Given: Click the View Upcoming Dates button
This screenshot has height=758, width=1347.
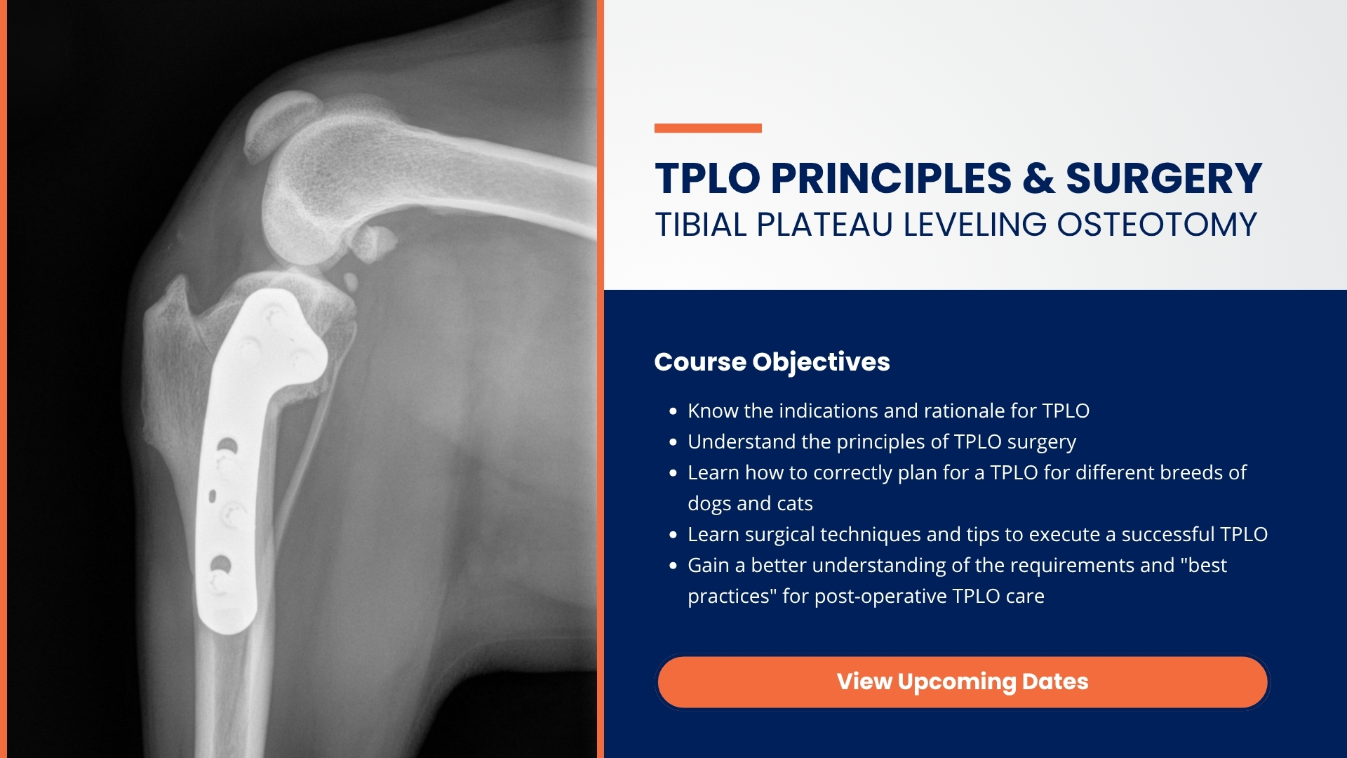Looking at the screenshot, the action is (963, 681).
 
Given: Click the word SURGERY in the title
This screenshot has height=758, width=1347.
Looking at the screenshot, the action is (1164, 178).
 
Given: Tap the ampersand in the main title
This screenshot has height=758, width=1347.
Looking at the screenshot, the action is (1038, 178).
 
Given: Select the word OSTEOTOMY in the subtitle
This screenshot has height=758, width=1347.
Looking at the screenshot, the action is (1157, 225).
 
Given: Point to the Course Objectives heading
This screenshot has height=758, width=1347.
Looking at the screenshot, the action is (772, 362).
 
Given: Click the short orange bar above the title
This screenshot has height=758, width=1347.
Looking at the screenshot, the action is (708, 128).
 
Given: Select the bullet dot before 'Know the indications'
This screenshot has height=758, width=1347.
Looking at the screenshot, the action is (673, 411).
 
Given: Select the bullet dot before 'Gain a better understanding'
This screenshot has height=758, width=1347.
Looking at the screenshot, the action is (673, 566).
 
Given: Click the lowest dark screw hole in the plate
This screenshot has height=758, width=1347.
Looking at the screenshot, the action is (220, 564).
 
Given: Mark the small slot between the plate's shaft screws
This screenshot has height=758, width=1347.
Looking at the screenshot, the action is (213, 496).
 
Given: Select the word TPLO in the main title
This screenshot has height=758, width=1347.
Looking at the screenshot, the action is (708, 178).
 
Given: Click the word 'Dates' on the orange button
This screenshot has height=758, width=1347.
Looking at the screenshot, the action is (1055, 681).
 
